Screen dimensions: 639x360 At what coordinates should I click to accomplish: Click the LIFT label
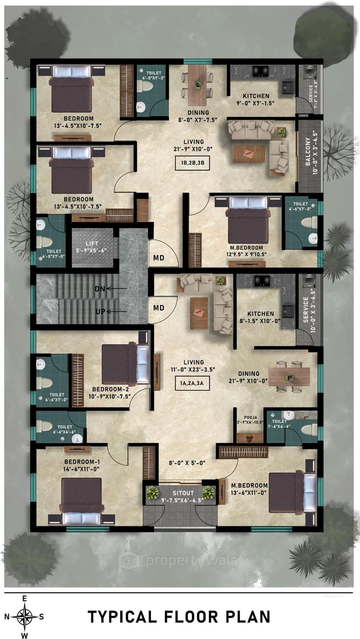[91, 243]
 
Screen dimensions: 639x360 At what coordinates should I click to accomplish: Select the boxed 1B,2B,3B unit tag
[193, 163]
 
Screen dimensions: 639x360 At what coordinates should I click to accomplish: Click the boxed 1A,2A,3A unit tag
[192, 383]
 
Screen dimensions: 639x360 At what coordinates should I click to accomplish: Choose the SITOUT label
[183, 493]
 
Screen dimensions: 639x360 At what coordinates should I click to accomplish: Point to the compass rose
[24, 616]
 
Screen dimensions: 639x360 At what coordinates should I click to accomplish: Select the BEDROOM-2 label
[110, 389]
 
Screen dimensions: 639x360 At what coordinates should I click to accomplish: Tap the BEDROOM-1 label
[82, 462]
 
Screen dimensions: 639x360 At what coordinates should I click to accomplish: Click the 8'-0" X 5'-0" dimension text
[187, 463]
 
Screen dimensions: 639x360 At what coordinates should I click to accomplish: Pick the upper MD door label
[159, 258]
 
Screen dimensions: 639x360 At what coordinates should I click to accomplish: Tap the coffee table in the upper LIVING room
[249, 154]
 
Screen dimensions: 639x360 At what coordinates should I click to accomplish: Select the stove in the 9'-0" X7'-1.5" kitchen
[261, 71]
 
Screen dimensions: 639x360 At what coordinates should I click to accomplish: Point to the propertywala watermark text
[191, 561]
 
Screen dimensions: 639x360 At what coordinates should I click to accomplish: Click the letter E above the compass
[24, 598]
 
